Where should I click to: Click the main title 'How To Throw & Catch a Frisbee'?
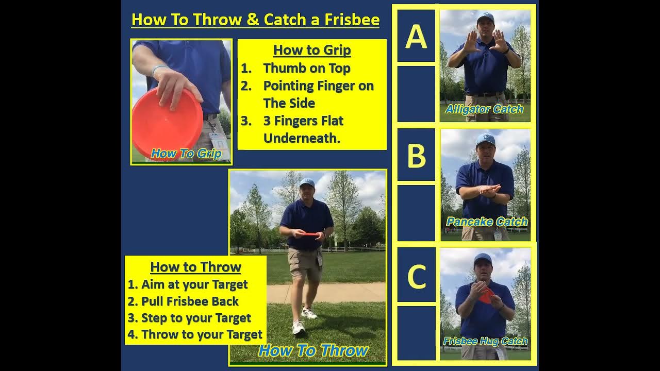(x=255, y=20)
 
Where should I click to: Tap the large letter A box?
(x=416, y=36)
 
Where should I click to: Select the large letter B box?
(x=416, y=156)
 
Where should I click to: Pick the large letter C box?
(x=416, y=277)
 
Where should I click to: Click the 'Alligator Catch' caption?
(x=484, y=109)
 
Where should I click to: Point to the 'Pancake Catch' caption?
(x=487, y=222)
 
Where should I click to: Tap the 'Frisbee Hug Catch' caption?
(x=485, y=341)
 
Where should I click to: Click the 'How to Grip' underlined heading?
(x=312, y=50)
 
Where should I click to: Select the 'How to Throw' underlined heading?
(x=195, y=267)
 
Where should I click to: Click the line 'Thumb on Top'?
(x=306, y=68)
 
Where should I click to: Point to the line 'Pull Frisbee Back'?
(x=190, y=301)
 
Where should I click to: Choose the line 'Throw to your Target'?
(x=202, y=334)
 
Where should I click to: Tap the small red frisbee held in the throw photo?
(x=310, y=234)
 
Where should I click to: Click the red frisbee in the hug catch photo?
(x=486, y=295)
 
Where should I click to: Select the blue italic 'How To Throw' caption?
(x=313, y=351)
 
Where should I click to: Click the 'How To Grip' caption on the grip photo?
(x=186, y=154)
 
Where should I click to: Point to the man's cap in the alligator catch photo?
(x=485, y=18)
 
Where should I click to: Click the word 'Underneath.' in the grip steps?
(x=302, y=138)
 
